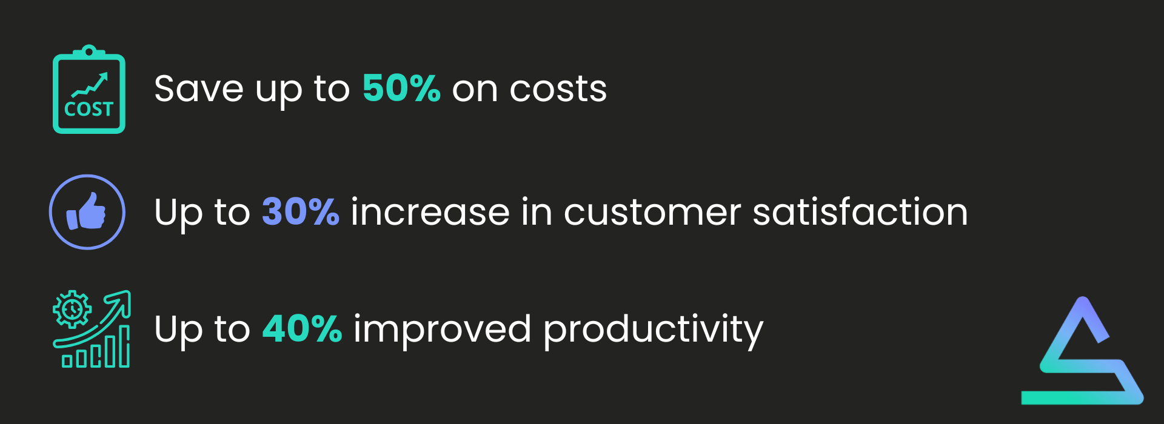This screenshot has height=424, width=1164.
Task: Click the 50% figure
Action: [x=401, y=88]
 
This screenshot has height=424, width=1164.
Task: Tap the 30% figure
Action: [x=301, y=212]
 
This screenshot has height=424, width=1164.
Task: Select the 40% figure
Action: [x=302, y=329]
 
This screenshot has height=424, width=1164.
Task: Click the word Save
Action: [x=199, y=88]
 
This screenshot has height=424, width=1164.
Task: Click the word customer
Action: [x=652, y=213]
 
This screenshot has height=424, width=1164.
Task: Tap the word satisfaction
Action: [x=860, y=212]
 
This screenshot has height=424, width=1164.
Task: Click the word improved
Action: [x=442, y=330]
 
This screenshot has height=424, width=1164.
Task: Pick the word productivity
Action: [x=653, y=331]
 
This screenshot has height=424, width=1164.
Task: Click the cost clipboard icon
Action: [x=89, y=89]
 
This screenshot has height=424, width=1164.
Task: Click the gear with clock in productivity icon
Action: [x=72, y=310]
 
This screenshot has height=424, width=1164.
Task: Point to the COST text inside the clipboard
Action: [x=89, y=109]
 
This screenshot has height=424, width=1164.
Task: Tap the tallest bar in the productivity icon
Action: [x=124, y=346]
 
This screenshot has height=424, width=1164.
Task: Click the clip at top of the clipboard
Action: [x=89, y=52]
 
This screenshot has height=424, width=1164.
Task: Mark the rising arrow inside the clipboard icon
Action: [x=90, y=85]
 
